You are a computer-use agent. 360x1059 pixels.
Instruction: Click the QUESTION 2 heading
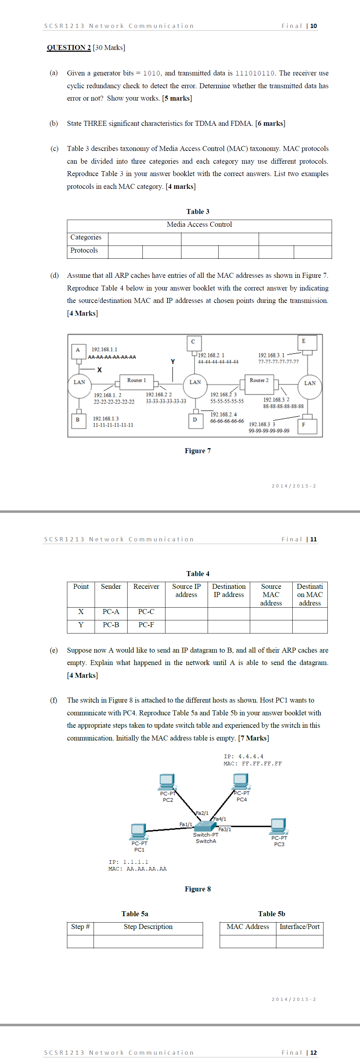69,48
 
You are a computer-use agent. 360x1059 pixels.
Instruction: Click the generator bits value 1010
152,74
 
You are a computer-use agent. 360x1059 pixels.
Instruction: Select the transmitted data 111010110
255,74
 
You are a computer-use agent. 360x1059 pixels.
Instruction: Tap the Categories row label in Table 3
86,237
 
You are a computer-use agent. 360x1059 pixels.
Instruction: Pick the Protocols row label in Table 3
84,250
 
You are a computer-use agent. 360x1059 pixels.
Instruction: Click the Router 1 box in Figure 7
136,381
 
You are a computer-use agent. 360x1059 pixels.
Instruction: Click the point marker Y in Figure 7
173,362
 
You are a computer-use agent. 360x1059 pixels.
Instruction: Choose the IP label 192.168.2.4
223,415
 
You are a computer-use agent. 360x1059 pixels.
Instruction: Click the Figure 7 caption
198,451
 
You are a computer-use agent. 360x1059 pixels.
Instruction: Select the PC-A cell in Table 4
111,612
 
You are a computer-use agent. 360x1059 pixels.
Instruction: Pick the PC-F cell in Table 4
146,625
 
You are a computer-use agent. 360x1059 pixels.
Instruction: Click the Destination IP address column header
229,590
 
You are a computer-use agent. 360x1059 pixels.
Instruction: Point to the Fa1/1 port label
186,824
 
